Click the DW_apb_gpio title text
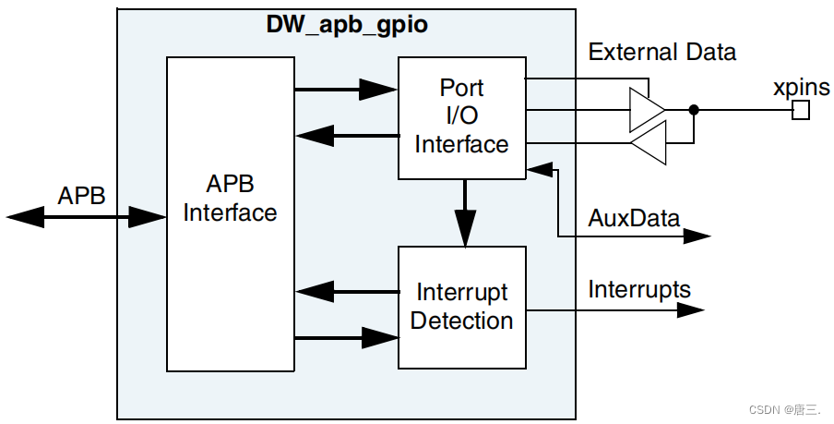click(347, 25)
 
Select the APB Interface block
click(230, 212)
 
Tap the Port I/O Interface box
click(461, 117)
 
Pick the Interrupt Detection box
click(461, 307)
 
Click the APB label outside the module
click(81, 196)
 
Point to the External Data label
click(662, 52)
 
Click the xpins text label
click(801, 88)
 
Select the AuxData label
click(634, 219)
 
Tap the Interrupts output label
click(639, 289)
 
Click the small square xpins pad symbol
click(801, 111)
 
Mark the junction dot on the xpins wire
click(694, 110)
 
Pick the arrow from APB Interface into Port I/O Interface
click(346, 90)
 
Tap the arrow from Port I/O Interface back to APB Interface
click(346, 138)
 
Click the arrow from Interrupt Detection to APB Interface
click(346, 291)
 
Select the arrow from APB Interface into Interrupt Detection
click(346, 338)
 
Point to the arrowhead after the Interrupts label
click(691, 310)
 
